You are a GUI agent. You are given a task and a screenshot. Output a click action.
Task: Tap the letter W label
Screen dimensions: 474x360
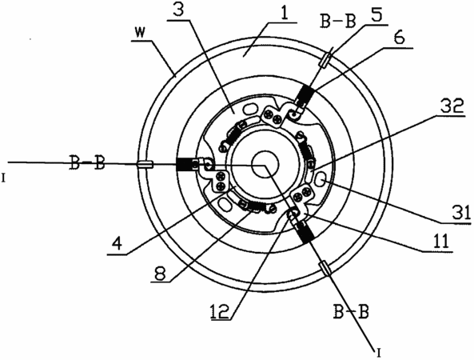coord(142,33)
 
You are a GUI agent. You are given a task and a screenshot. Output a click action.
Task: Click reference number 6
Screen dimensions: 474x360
coord(400,38)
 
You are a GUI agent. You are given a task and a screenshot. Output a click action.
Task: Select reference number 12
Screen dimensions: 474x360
coord(221,310)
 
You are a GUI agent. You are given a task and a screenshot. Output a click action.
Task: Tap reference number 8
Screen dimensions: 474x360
coord(160,273)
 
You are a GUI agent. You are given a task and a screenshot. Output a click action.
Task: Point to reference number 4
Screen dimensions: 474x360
coord(117,243)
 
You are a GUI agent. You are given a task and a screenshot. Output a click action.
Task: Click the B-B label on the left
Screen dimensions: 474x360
coord(87,162)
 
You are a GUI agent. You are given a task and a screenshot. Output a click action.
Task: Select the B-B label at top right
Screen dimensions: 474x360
coord(338,21)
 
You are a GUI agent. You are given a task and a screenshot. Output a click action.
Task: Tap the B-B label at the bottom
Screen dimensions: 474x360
coord(351,310)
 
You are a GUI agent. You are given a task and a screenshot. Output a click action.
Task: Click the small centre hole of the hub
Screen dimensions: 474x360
coord(265,166)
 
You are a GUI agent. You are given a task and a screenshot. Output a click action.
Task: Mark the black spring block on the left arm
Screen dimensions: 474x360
coord(184,165)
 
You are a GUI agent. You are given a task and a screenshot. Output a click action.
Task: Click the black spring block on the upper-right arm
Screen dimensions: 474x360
coord(305,94)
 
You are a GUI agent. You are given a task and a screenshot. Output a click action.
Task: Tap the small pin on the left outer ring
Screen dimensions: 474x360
coord(145,165)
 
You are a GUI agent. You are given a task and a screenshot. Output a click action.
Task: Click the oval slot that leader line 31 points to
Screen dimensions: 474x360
coord(321,179)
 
